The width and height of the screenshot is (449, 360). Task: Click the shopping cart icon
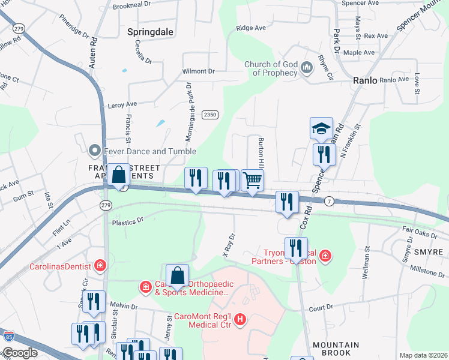tap(253, 179)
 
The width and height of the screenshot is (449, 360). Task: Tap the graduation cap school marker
tap(321, 128)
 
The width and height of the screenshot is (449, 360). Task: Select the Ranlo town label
tap(365, 79)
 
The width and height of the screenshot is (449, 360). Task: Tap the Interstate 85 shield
tap(8, 337)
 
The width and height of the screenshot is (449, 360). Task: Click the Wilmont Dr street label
tap(199, 71)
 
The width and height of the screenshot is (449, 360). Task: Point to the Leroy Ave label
tap(122, 104)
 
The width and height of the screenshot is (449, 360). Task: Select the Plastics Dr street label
tap(128, 221)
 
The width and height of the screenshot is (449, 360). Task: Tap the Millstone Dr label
tap(426, 271)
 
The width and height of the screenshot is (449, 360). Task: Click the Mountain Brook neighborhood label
tap(336, 349)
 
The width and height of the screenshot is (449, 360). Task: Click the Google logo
tap(20, 353)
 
